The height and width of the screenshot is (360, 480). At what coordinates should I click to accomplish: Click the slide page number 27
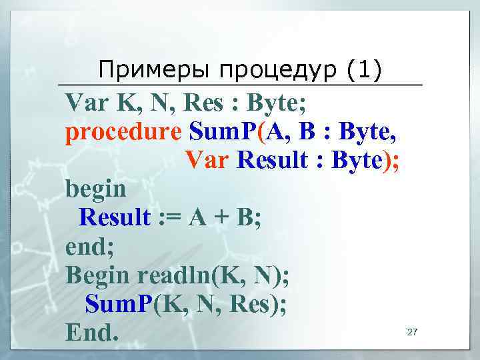411,331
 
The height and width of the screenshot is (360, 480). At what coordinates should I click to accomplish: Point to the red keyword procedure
123,133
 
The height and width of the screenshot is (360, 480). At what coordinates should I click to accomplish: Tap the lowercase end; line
90,247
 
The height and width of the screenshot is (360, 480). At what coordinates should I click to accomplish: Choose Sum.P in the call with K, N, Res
119,303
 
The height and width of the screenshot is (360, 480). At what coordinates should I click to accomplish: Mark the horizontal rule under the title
240,85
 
